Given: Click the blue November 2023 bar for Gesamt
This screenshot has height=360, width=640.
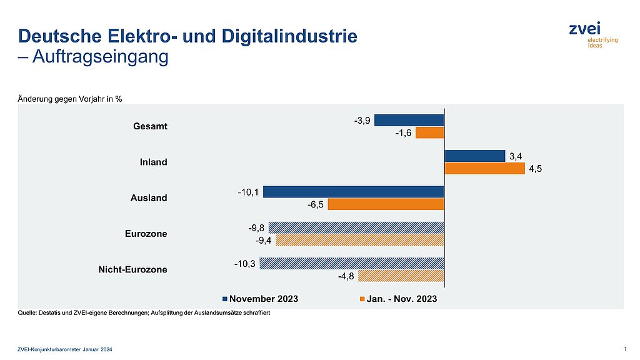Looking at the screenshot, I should (409, 120).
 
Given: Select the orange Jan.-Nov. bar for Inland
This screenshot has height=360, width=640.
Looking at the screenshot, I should (484, 168).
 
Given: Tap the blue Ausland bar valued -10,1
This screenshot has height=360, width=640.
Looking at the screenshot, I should (353, 192).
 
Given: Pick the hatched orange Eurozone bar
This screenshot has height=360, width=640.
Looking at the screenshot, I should (359, 240).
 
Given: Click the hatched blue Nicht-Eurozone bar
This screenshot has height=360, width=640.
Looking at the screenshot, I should (351, 263).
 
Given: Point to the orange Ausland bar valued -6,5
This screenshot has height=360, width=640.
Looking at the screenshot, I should (386, 204).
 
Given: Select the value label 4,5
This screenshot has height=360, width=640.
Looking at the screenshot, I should (535, 168).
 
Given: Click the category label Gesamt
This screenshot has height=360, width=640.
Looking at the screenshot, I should (150, 126).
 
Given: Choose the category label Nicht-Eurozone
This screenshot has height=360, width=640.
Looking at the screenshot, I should (132, 269).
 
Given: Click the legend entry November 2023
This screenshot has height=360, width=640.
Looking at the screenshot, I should (263, 299).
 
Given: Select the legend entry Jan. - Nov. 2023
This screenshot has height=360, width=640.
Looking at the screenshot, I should (401, 299).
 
